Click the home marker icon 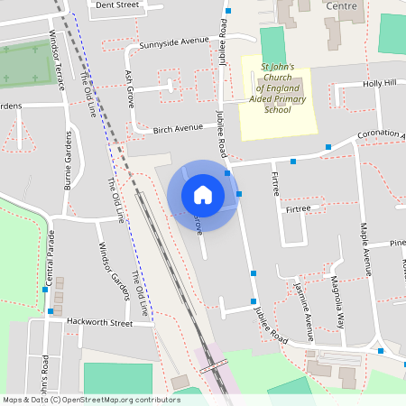point(203,195)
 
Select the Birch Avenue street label point(177,128)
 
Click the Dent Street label point(116,5)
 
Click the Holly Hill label point(379,83)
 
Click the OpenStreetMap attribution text point(91,399)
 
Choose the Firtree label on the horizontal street point(298,208)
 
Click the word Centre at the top point(342,5)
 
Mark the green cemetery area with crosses point(25,65)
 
